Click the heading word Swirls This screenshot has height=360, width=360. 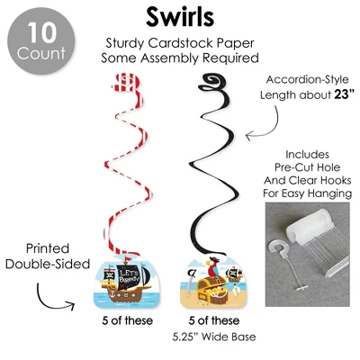click(x=180, y=17)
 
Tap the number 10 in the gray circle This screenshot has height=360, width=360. click(x=41, y=32)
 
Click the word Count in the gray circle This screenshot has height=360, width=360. click(x=41, y=53)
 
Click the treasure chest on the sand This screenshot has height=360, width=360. click(x=212, y=290)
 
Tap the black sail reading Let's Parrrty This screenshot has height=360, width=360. click(x=130, y=277)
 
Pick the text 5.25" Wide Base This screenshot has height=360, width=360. click(x=214, y=337)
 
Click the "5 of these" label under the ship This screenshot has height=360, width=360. click(x=127, y=320)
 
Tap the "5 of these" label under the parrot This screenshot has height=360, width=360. click(x=214, y=320)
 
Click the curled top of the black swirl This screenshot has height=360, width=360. click(x=211, y=82)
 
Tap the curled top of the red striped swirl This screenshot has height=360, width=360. click(x=126, y=83)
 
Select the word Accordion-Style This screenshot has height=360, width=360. click(x=307, y=80)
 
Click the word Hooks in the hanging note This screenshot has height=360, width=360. click(x=336, y=180)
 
